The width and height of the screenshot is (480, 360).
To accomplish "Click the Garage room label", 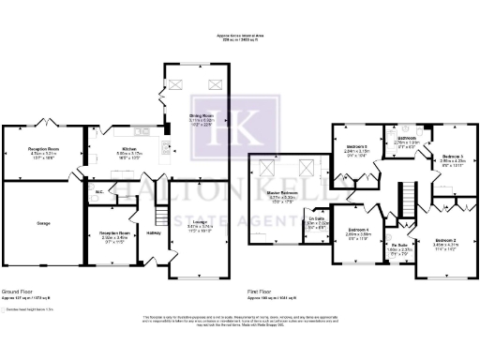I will click(x=43, y=223).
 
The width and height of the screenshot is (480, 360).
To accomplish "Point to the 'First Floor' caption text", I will click(x=261, y=292).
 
